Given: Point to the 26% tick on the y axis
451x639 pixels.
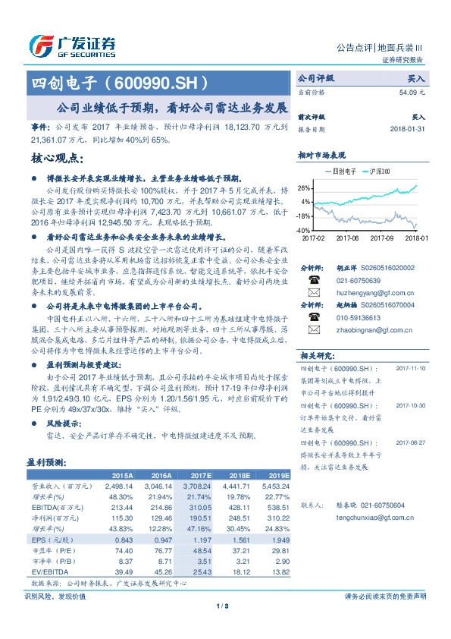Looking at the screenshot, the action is coord(305,187).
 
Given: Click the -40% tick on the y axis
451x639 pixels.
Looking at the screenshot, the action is coord(304,230).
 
